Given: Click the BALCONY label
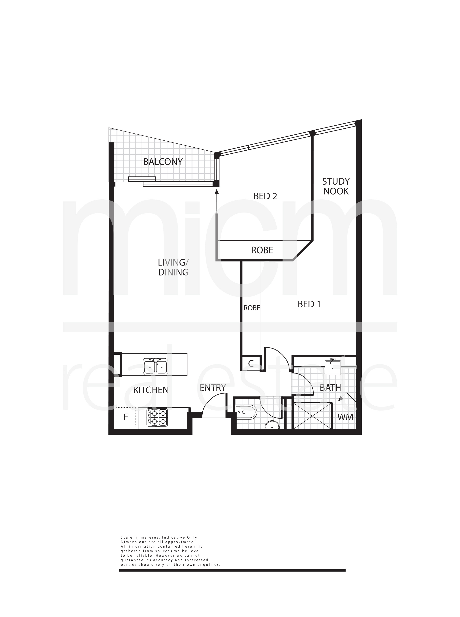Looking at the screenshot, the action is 163,162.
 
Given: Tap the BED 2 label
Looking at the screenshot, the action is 265,196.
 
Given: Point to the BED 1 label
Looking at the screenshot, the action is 309,304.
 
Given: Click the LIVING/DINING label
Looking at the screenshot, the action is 173,267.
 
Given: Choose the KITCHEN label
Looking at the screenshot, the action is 151,390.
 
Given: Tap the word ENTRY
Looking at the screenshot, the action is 213,388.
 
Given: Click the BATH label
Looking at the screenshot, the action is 331,387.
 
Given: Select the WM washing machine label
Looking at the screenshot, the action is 345,417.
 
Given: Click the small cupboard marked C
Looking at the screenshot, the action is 251,363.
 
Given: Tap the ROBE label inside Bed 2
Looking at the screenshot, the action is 262,250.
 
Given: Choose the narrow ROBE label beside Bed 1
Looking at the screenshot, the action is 252,308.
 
